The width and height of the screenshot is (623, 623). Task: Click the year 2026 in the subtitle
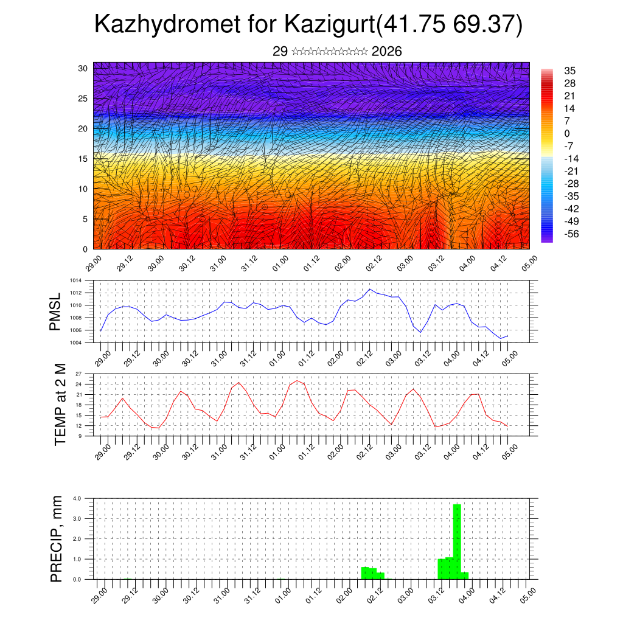(386, 52)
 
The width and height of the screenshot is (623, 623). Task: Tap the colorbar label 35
(570, 71)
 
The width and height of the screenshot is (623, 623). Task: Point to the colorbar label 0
(567, 133)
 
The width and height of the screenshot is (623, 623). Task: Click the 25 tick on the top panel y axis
(83, 99)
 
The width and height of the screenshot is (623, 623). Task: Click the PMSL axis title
(56, 311)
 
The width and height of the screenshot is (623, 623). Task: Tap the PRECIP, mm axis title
(57, 538)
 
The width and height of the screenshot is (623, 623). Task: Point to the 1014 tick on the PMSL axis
(75, 280)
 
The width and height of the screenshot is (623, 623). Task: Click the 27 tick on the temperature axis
(78, 374)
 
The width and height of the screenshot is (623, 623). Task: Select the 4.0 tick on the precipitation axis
(77, 498)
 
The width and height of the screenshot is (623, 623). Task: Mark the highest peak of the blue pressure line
(369, 289)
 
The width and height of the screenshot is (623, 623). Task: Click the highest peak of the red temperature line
(297, 381)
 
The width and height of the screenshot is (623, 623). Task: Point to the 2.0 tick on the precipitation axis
(77, 539)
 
